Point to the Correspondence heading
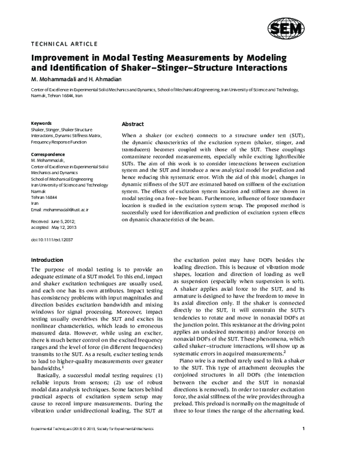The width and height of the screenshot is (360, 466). coord(48,155)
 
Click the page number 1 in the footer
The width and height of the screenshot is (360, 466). coord(304,446)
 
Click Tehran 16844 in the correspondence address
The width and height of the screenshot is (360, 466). coord(44,198)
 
